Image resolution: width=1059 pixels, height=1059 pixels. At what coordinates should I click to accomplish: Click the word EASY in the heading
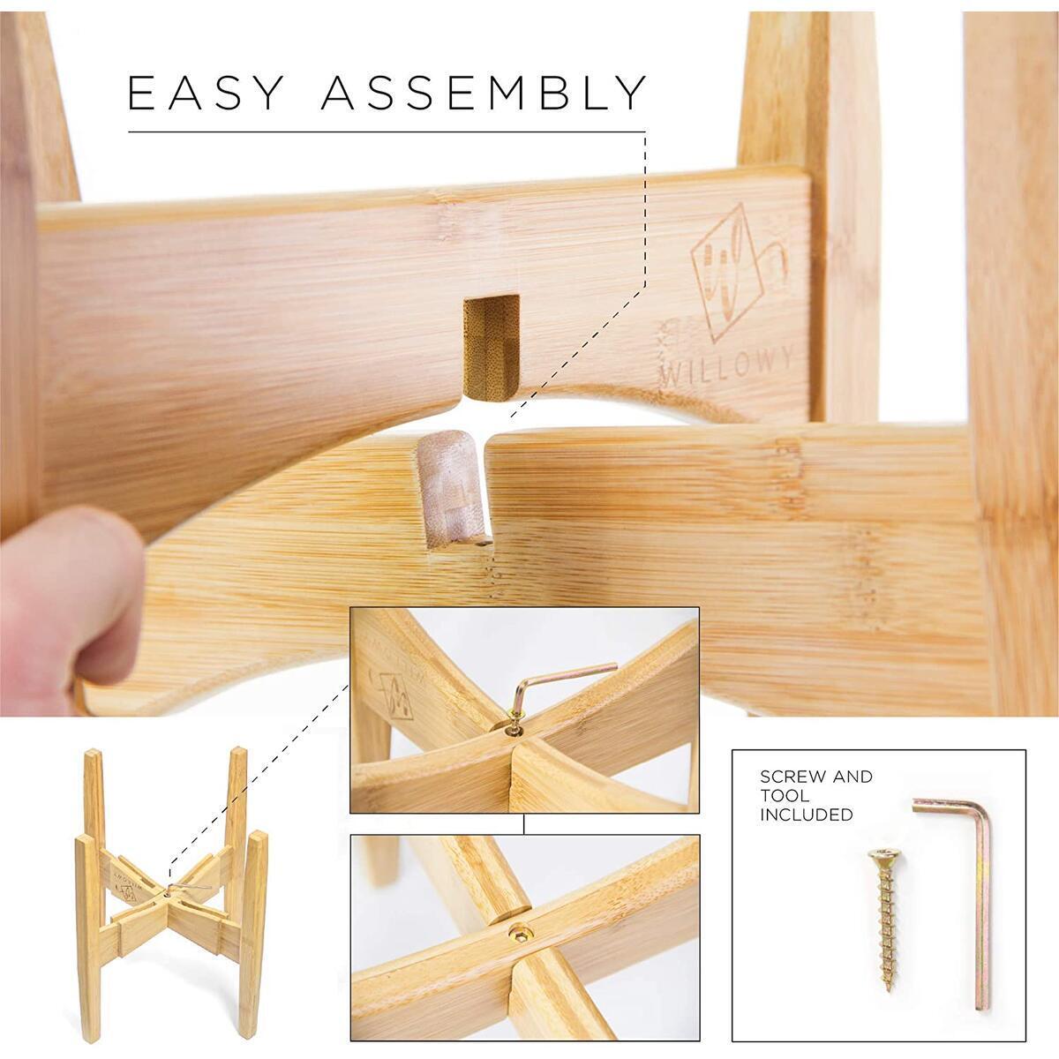click(x=205, y=93)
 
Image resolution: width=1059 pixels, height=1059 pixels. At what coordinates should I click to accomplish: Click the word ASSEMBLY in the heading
click(x=484, y=93)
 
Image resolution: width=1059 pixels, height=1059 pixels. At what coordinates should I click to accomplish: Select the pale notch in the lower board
click(x=453, y=487)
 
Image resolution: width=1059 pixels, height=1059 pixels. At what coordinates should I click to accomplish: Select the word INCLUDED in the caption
click(x=807, y=815)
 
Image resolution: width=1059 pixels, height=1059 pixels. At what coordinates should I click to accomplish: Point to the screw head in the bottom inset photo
click(x=519, y=933)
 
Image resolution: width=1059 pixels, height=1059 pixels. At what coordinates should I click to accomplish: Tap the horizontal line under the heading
click(x=387, y=131)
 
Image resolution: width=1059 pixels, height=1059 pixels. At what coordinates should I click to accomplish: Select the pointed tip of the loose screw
click(x=890, y=958)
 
